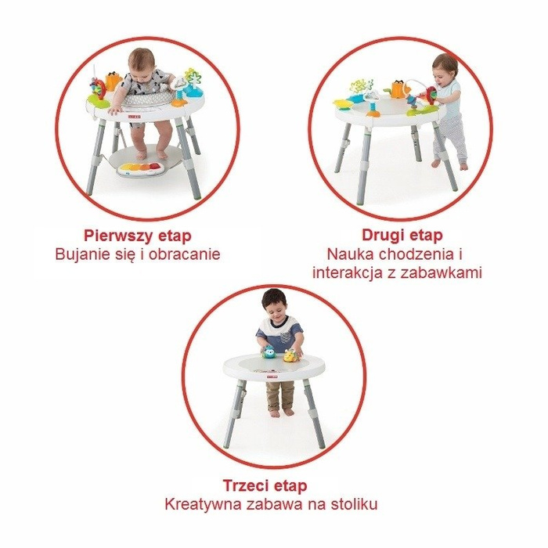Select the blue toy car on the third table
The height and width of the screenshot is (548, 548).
pos(269,352)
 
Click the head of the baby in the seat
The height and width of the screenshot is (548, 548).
pos(144,62)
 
